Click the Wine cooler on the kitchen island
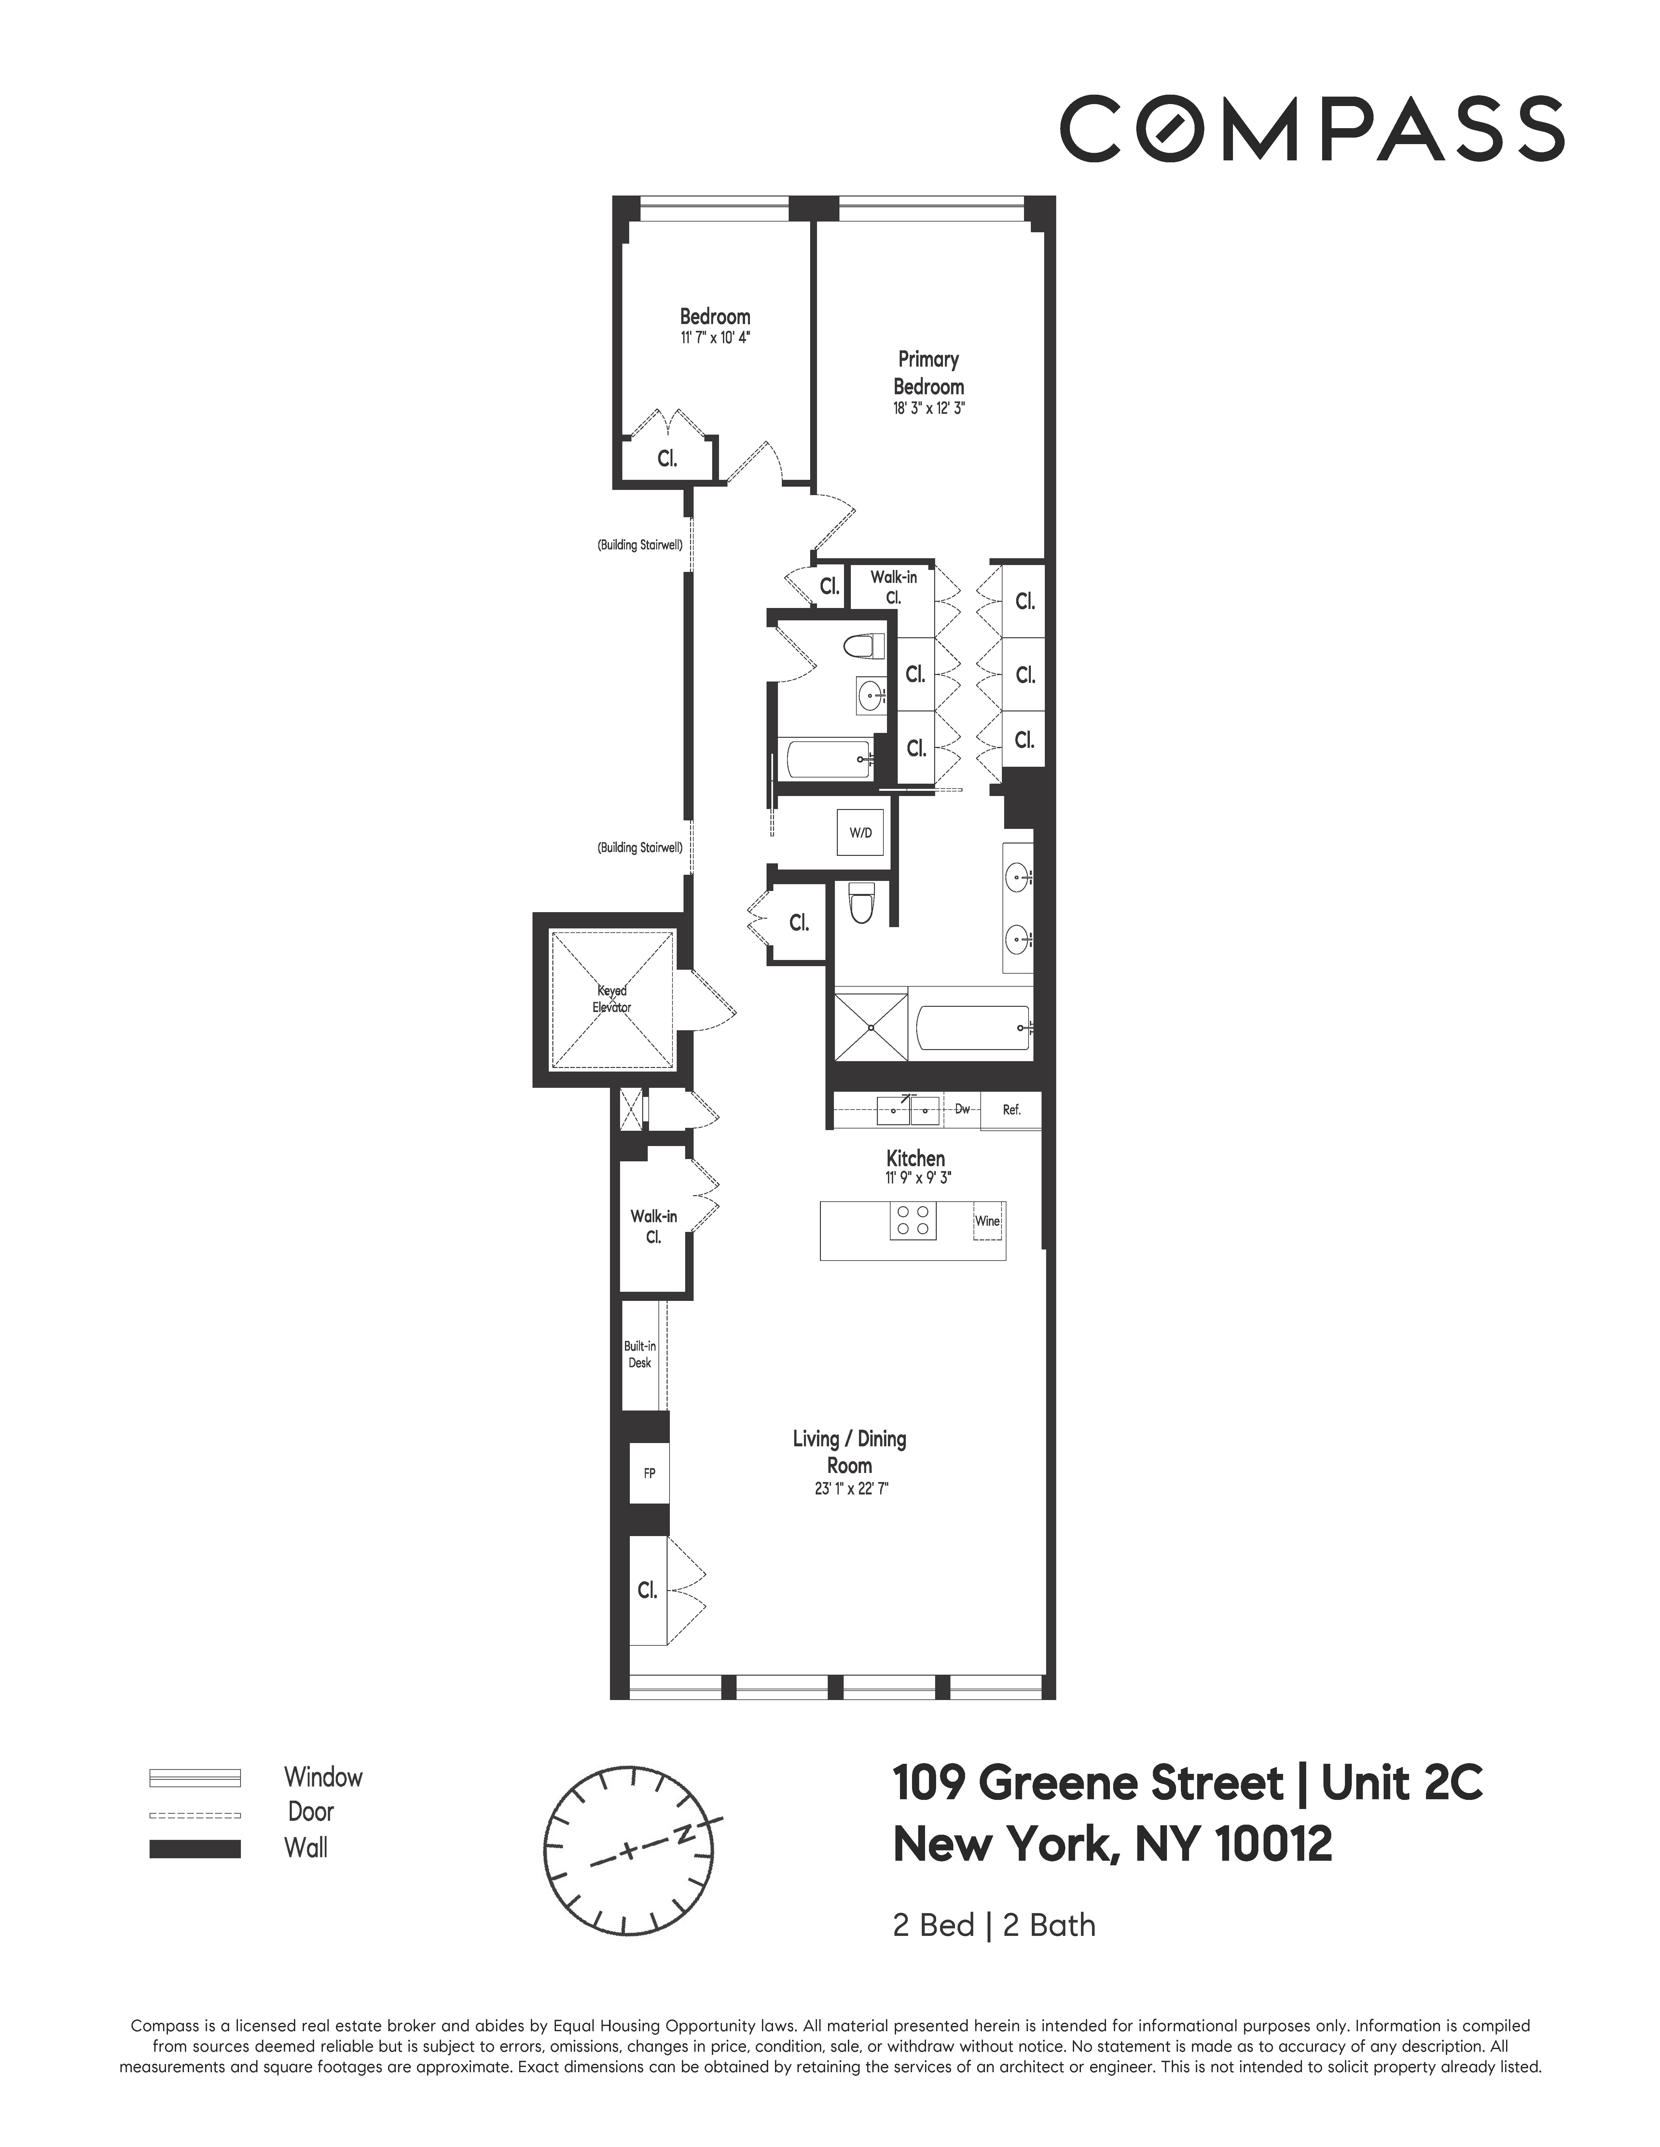point(987,1222)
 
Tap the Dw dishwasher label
point(962,1109)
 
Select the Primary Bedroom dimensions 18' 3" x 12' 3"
point(928,409)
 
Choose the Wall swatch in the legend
point(195,1848)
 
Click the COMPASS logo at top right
point(1311,128)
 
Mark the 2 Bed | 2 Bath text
point(993,1925)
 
